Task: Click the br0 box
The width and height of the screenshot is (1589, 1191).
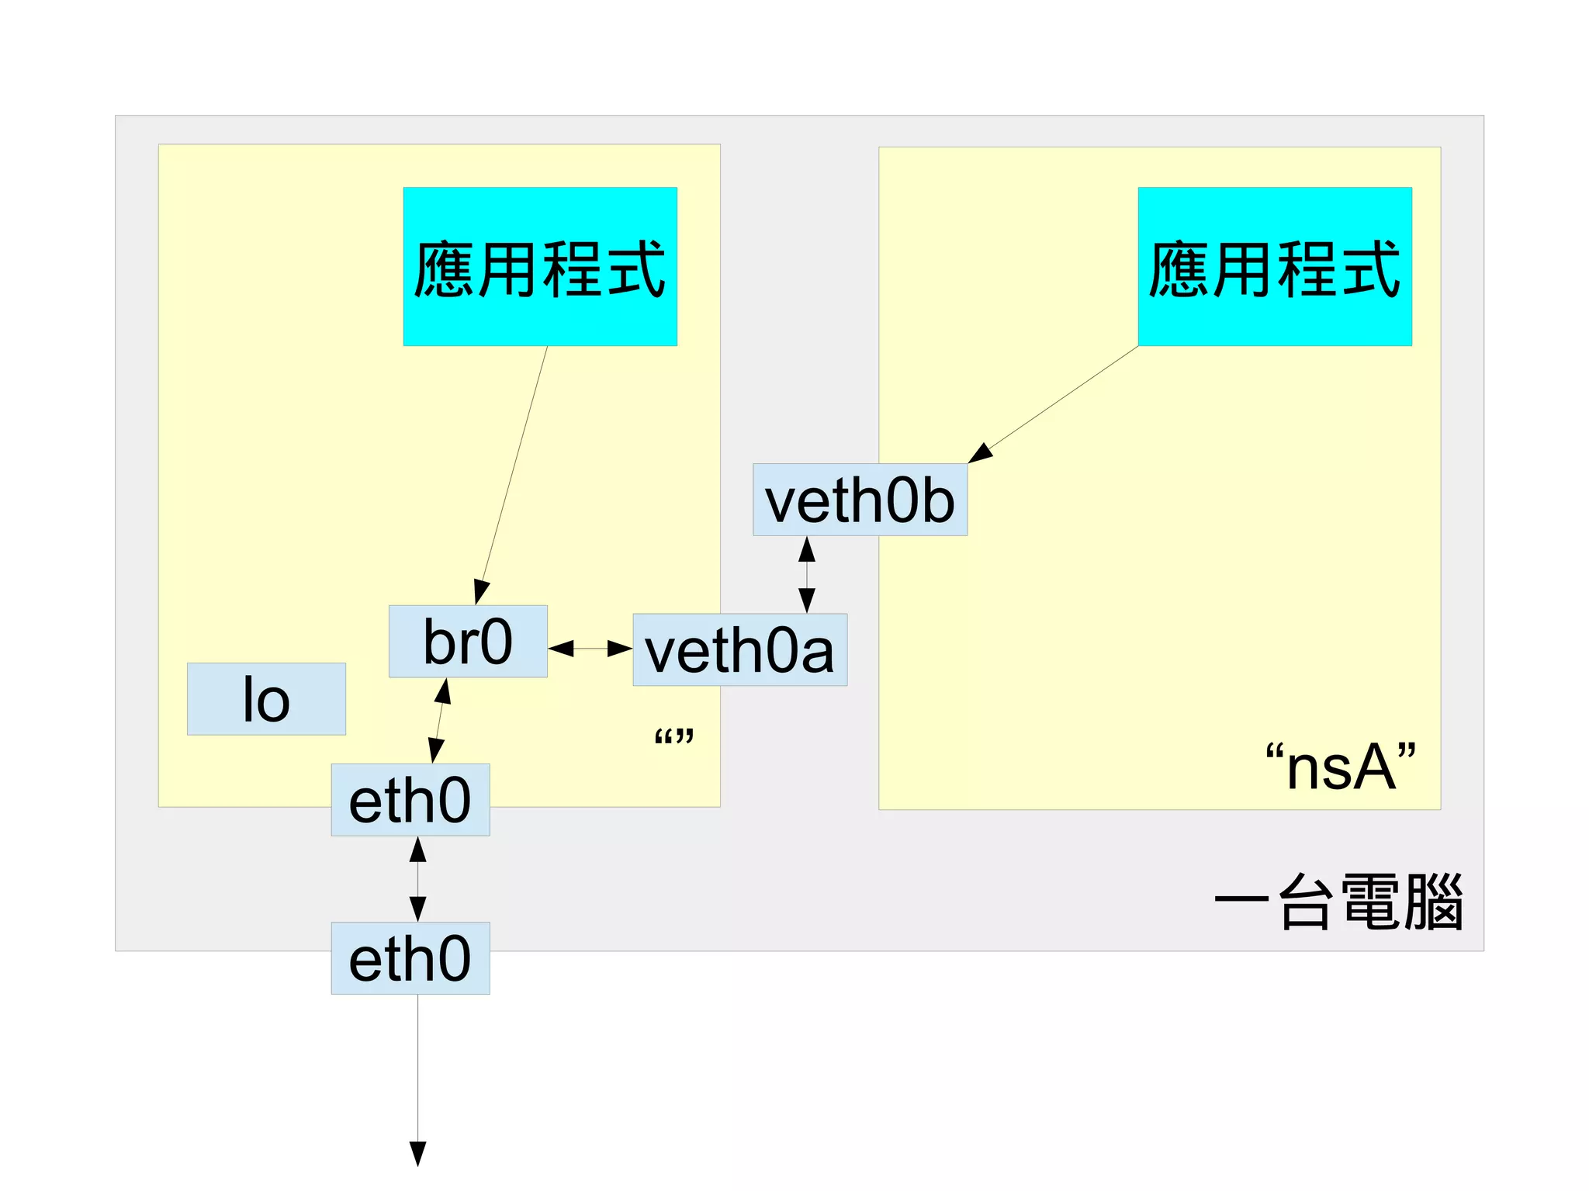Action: point(468,642)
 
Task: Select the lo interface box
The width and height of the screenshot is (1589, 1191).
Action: point(266,699)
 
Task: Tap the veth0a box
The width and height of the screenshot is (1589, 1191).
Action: point(739,650)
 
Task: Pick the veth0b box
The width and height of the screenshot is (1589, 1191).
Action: point(860,500)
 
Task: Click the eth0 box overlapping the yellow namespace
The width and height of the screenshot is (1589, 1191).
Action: point(410,800)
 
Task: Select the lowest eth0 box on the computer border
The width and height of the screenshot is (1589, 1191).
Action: point(410,958)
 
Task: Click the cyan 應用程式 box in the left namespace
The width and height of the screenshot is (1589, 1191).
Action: point(540,266)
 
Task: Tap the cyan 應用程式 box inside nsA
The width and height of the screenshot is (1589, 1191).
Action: point(1274,266)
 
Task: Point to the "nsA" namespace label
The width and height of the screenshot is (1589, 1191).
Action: point(1341,767)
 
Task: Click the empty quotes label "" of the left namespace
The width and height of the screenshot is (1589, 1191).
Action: point(673,736)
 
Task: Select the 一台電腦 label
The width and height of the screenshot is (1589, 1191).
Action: point(1339,902)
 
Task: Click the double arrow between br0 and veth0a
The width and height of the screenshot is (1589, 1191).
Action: point(590,648)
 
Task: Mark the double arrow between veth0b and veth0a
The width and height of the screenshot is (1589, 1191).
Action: point(807,574)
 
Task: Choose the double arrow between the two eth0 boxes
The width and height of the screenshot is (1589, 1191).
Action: point(417,879)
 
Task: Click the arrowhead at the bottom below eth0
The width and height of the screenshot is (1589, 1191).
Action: point(417,1153)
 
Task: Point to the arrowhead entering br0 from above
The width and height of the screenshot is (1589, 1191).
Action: point(481,592)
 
